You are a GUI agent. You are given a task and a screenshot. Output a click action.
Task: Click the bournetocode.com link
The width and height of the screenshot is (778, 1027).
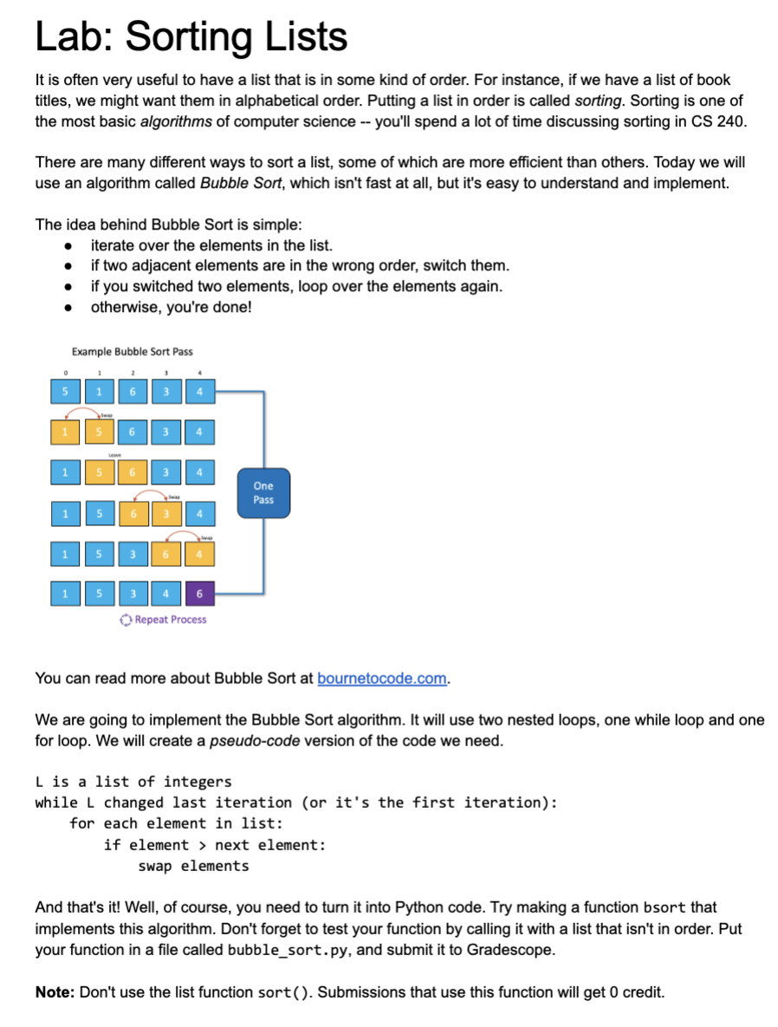381,678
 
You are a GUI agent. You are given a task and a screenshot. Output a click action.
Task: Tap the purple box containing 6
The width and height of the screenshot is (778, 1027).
199,594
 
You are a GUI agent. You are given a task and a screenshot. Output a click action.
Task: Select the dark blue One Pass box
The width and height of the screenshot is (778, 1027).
263,493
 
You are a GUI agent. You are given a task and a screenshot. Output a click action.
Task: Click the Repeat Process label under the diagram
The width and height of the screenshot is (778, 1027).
171,620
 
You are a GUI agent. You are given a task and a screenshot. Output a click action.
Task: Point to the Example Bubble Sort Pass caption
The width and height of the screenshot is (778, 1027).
133,352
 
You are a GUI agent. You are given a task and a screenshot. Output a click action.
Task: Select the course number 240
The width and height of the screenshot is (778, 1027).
730,121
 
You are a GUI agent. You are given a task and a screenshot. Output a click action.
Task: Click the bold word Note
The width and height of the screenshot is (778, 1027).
55,992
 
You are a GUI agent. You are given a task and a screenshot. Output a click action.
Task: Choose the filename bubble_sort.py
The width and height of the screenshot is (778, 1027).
275,950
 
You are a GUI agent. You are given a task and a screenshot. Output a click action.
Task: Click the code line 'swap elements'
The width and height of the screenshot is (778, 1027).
193,866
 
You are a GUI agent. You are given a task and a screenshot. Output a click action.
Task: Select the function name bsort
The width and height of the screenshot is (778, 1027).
665,907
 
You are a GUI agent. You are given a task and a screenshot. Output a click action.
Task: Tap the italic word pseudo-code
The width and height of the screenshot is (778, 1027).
251,742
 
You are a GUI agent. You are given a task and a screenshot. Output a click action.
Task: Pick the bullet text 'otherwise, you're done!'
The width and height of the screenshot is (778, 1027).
171,306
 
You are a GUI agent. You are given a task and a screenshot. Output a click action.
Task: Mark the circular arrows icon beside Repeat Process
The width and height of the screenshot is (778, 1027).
126,620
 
